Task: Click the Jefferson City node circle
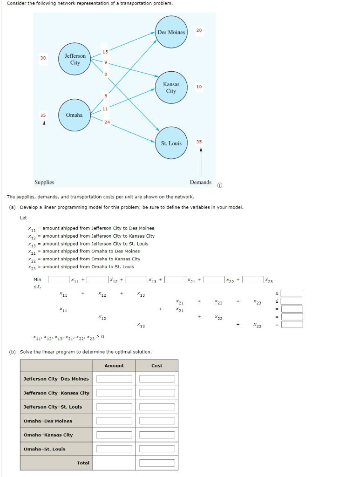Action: (x=75, y=59)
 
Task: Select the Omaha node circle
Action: (x=75, y=115)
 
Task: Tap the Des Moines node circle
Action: (x=171, y=32)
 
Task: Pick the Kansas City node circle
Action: (x=171, y=88)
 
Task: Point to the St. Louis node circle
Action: (x=171, y=143)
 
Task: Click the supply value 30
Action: (x=43, y=58)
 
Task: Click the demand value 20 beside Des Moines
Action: (x=199, y=30)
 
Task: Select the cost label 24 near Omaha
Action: (x=107, y=122)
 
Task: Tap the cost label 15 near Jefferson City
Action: (x=105, y=52)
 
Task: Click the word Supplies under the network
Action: (x=44, y=182)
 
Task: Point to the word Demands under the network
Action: (x=201, y=182)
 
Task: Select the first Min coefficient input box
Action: (x=59, y=279)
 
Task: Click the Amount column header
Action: (x=114, y=366)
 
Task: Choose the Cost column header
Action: (x=157, y=366)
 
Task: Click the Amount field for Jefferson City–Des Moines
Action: (x=114, y=379)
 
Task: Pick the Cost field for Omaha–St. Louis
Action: (x=157, y=449)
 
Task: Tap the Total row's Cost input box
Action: (x=157, y=463)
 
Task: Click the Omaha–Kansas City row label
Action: (x=48, y=435)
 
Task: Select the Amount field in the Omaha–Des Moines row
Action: (x=114, y=421)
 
